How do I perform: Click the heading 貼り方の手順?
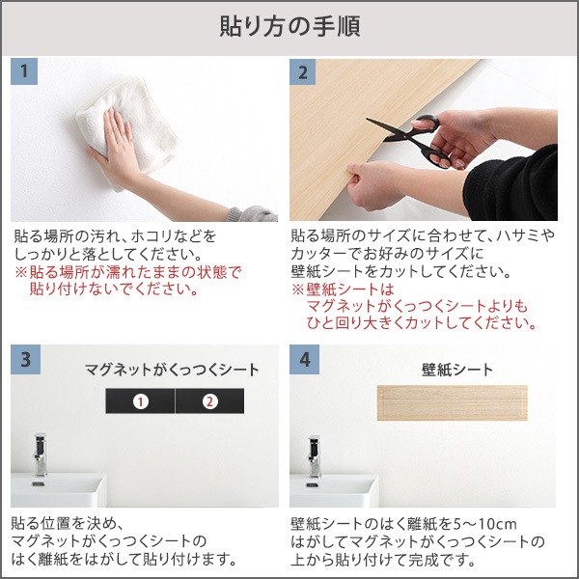289,26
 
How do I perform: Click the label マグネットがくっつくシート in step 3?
172,370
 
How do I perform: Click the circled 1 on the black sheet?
140,400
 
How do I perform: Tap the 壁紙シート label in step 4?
456,370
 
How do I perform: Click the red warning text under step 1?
128,280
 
